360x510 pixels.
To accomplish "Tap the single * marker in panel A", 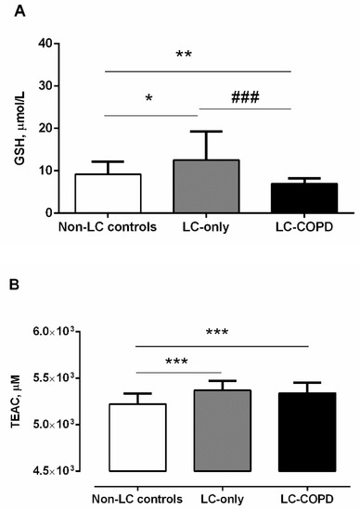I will (148, 99).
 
